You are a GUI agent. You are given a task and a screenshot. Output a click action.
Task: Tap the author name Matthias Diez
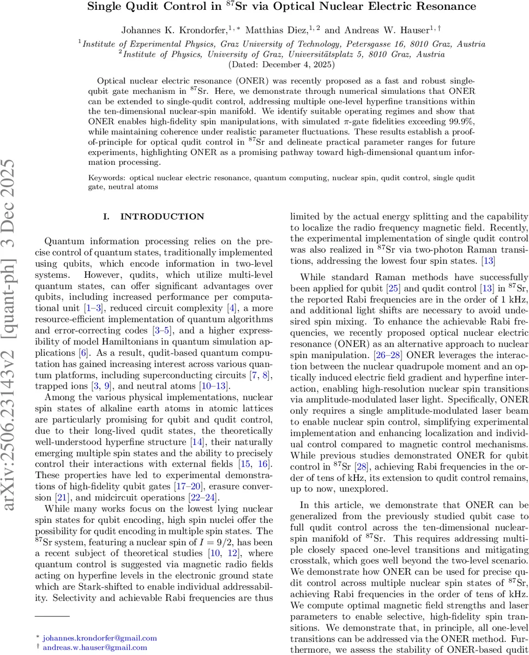coord(275,28)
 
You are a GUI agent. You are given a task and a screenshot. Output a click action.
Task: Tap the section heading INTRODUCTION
coord(162,217)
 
